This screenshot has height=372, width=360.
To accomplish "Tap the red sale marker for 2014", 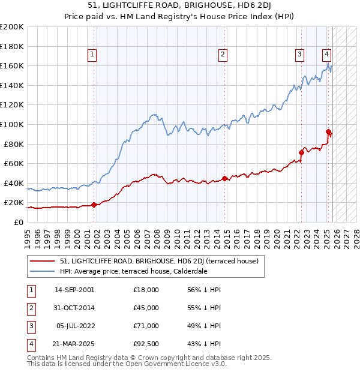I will pyautogui.click(x=224, y=178).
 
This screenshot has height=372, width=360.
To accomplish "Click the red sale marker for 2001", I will pyautogui.click(x=94, y=205).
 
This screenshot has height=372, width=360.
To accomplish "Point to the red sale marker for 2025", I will pyautogui.click(x=328, y=131).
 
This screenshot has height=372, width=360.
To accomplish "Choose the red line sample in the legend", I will pyautogui.click(x=42, y=262).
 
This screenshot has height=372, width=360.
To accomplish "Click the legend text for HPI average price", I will pyautogui.click(x=133, y=271).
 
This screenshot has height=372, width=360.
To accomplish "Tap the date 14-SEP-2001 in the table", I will pyautogui.click(x=74, y=290).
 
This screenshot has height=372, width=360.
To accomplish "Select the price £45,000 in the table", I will pyautogui.click(x=146, y=308).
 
